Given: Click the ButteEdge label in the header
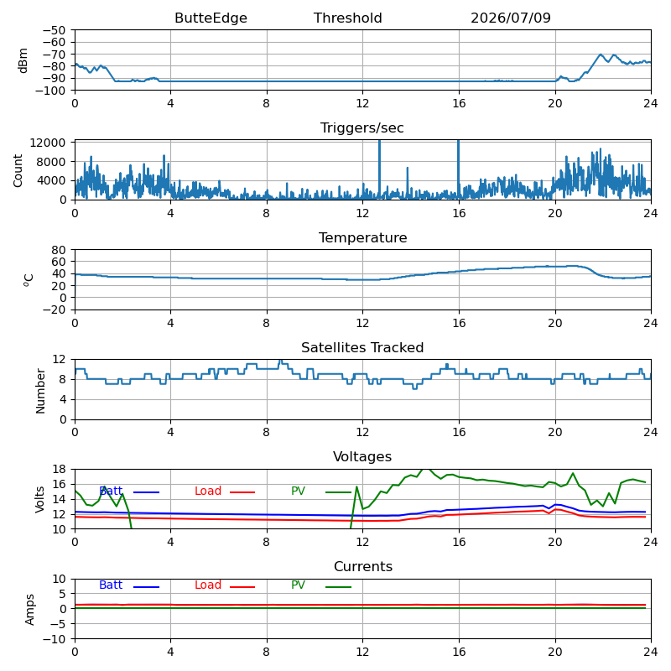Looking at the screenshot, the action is (x=211, y=18).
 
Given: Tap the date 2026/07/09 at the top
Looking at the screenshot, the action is (x=511, y=18).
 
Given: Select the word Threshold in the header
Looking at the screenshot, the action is (x=347, y=18).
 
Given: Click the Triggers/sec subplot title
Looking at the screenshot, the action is (x=362, y=128).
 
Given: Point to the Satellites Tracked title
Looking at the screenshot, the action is (x=362, y=347).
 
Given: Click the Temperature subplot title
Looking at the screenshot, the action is (x=362, y=237).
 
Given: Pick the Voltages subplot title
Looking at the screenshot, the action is (x=362, y=456).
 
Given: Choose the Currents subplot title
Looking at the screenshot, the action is (x=363, y=567).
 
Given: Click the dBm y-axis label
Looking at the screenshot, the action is (x=23, y=60).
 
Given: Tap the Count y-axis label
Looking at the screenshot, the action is (x=18, y=171).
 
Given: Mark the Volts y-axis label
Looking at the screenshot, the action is (x=39, y=499).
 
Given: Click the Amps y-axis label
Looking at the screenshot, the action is (x=29, y=610).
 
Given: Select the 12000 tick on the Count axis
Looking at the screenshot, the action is (x=48, y=143).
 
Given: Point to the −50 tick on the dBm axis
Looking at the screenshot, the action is (x=54, y=30).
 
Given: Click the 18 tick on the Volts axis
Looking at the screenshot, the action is (x=59, y=469).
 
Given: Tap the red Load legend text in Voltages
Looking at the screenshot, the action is (x=208, y=491).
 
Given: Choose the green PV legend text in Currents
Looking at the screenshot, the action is (x=299, y=585).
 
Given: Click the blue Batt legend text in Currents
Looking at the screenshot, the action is (x=111, y=585).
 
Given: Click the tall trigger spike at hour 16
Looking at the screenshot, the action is (x=458, y=169).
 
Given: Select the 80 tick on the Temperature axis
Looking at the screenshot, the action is (x=59, y=250).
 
